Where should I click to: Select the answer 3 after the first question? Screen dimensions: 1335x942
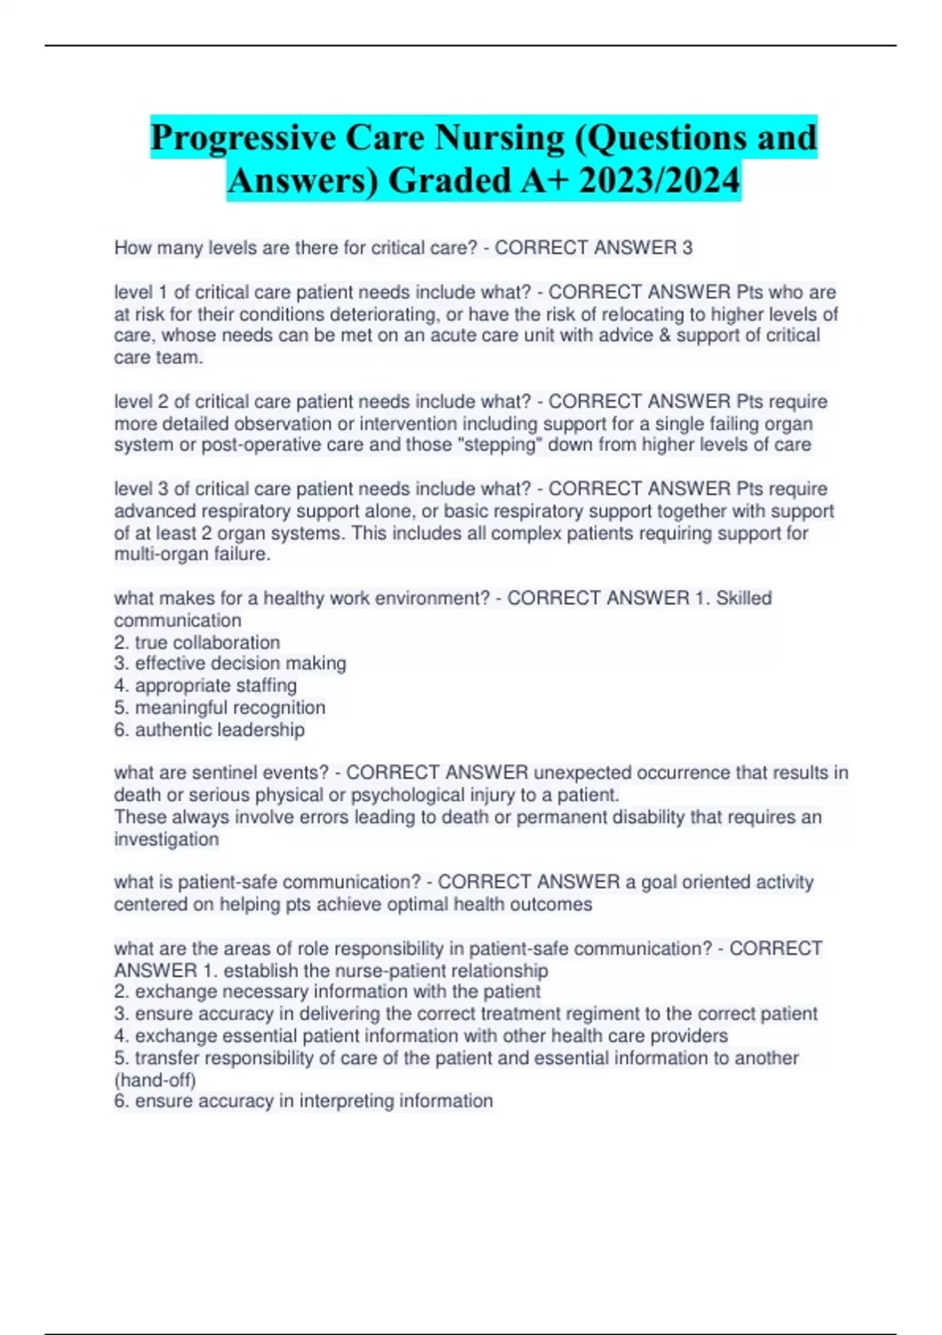[688, 248]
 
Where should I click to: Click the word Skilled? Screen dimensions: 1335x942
[743, 598]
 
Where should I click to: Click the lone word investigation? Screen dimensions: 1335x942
[166, 839]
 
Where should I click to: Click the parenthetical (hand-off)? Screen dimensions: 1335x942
[155, 1080]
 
